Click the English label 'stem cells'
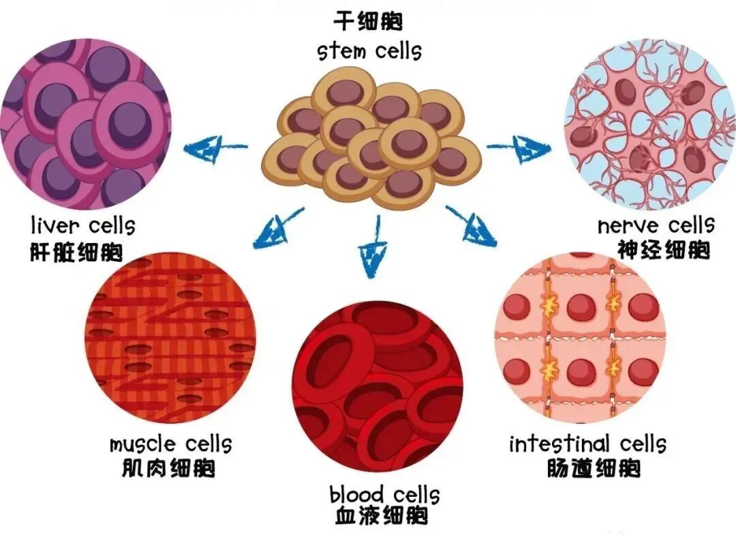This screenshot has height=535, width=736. [369, 51]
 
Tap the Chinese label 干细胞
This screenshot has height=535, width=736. [368, 22]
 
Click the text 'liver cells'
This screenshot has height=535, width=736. [83, 225]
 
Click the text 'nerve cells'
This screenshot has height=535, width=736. [656, 225]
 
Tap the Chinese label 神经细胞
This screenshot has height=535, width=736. [663, 250]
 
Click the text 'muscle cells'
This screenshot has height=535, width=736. [170, 444]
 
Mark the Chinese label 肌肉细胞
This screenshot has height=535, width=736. [166, 469]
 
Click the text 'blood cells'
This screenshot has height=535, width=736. [384, 493]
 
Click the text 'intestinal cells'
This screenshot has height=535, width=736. [587, 444]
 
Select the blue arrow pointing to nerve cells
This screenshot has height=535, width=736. [519, 145]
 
